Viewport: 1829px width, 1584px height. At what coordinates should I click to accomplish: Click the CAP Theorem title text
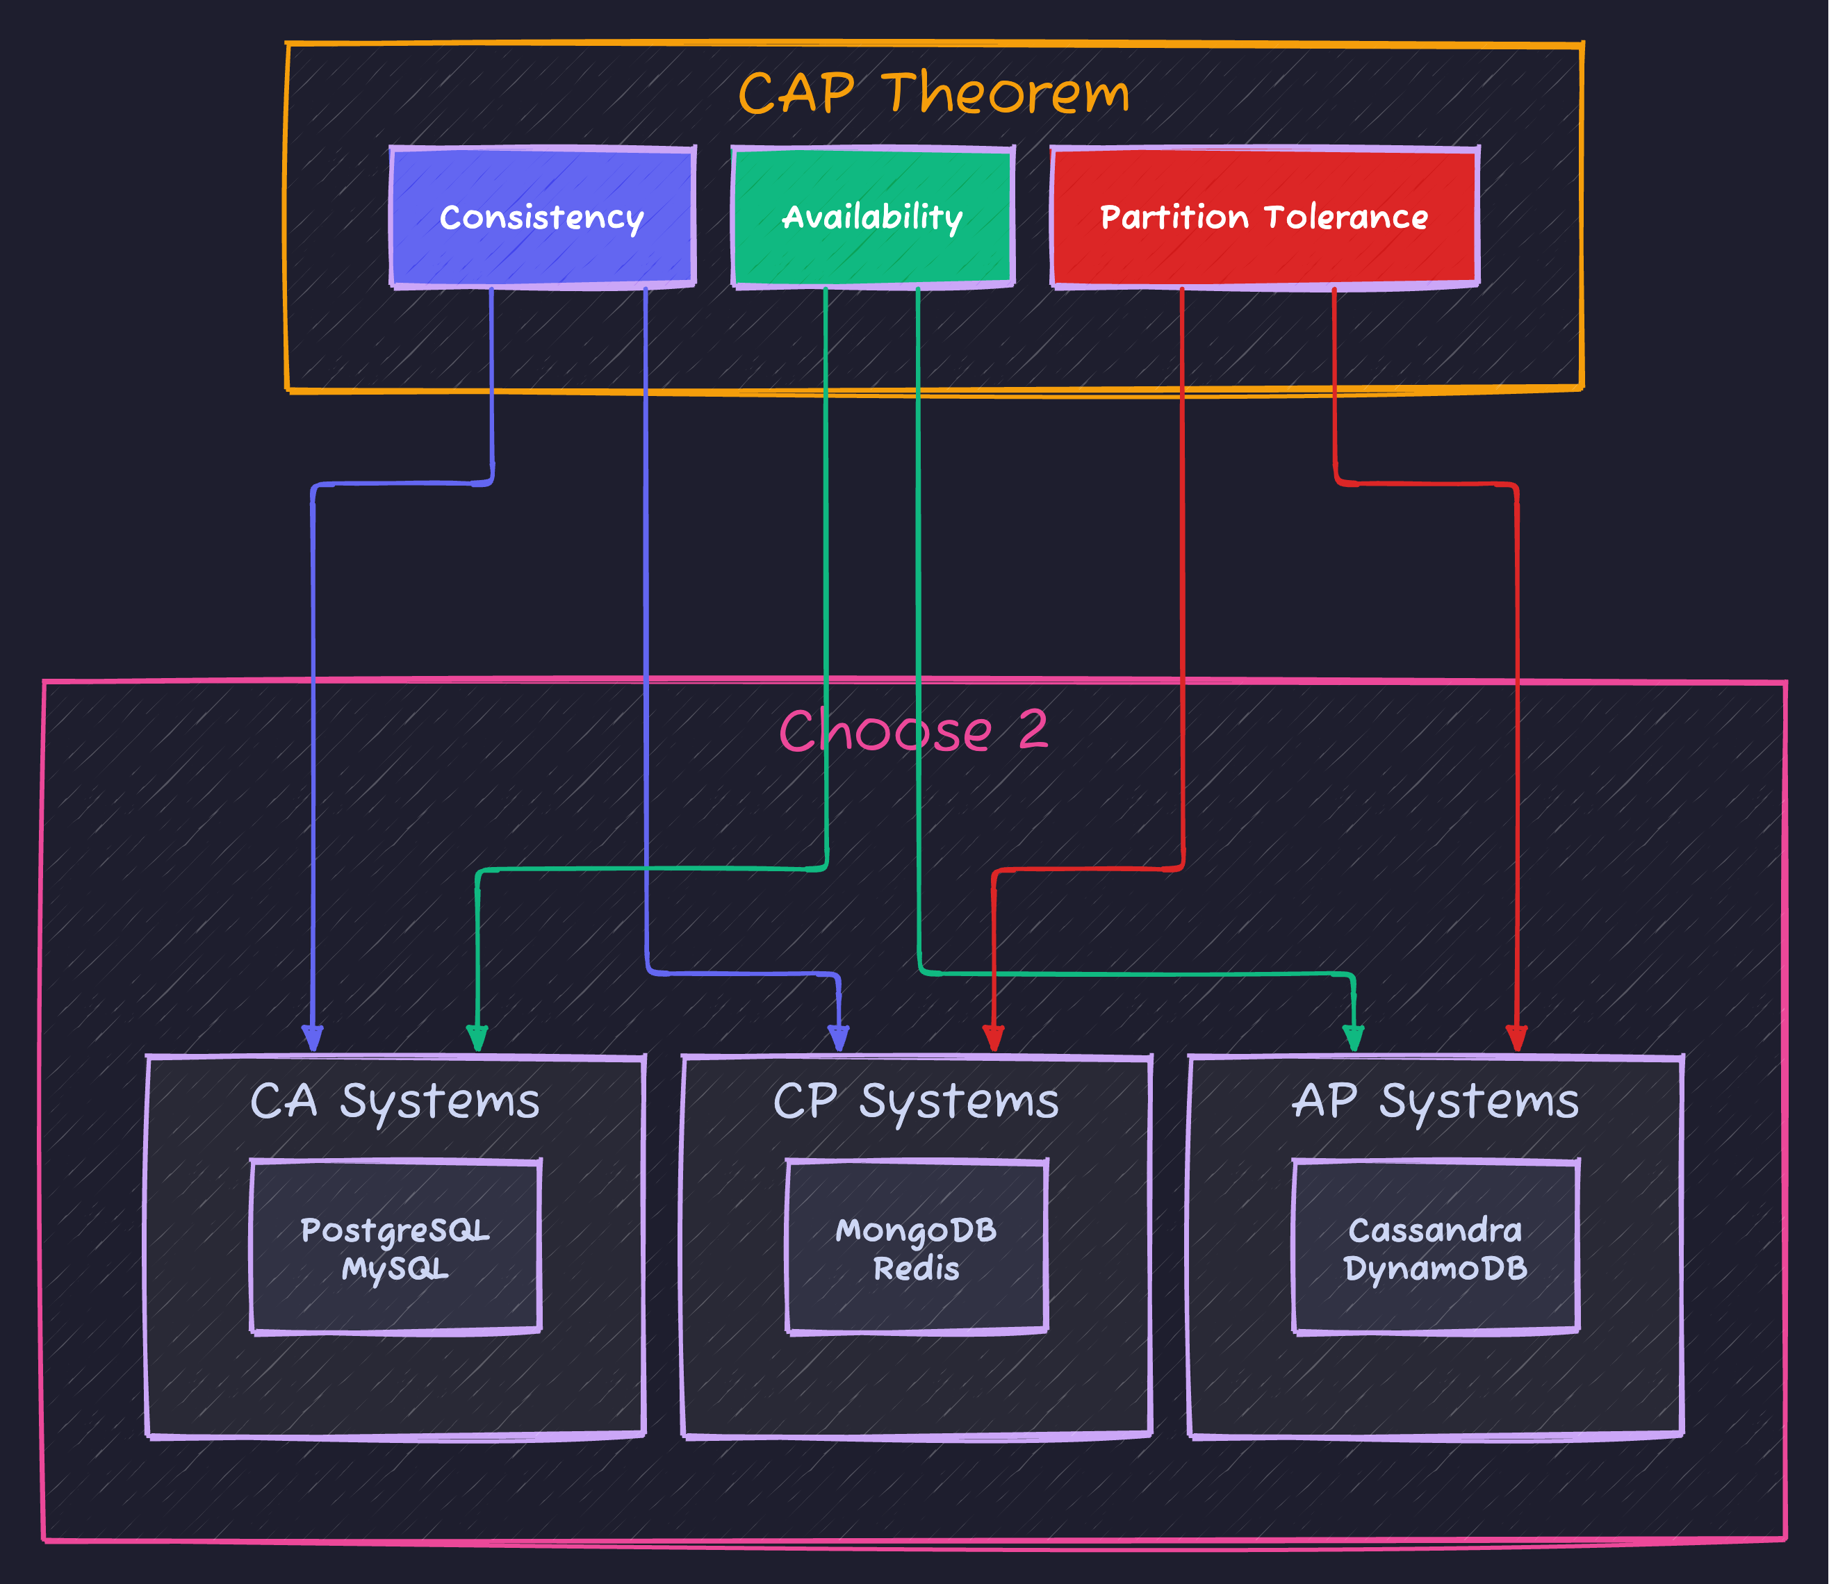pyautogui.click(x=933, y=93)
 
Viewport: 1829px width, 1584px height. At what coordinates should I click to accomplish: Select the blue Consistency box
pyautogui.click(x=542, y=217)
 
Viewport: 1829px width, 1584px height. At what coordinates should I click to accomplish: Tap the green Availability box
pyautogui.click(x=873, y=217)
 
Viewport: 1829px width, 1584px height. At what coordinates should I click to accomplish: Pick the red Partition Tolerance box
pyautogui.click(x=1264, y=217)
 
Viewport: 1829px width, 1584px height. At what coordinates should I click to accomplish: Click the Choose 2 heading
pyautogui.click(x=913, y=731)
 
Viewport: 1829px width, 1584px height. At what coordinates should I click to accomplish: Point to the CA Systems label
pyautogui.click(x=395, y=1101)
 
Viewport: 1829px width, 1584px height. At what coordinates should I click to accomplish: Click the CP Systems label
pyautogui.click(x=916, y=1101)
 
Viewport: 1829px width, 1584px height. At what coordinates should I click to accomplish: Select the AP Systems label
pyautogui.click(x=1435, y=1101)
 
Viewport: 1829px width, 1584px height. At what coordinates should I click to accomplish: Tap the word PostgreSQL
pyautogui.click(x=395, y=1230)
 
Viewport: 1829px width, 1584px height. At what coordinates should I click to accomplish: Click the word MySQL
pyautogui.click(x=395, y=1269)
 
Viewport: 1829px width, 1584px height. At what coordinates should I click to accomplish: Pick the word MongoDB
pyautogui.click(x=916, y=1230)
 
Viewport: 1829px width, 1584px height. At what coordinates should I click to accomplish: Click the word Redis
pyautogui.click(x=916, y=1269)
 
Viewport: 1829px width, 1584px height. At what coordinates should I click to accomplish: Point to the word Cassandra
pyautogui.click(x=1435, y=1230)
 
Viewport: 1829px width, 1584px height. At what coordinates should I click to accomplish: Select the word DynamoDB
pyautogui.click(x=1435, y=1269)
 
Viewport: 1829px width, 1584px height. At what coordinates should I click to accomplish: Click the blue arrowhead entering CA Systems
pyautogui.click(x=312, y=1039)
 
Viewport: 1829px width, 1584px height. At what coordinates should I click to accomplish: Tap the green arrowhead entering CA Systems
pyautogui.click(x=477, y=1039)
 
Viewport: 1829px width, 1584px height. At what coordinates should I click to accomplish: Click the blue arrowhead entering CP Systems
pyautogui.click(x=838, y=1039)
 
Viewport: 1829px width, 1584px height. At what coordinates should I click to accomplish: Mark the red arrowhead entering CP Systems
pyautogui.click(x=994, y=1039)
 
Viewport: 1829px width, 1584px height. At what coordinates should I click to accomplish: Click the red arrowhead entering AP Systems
pyautogui.click(x=1517, y=1039)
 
